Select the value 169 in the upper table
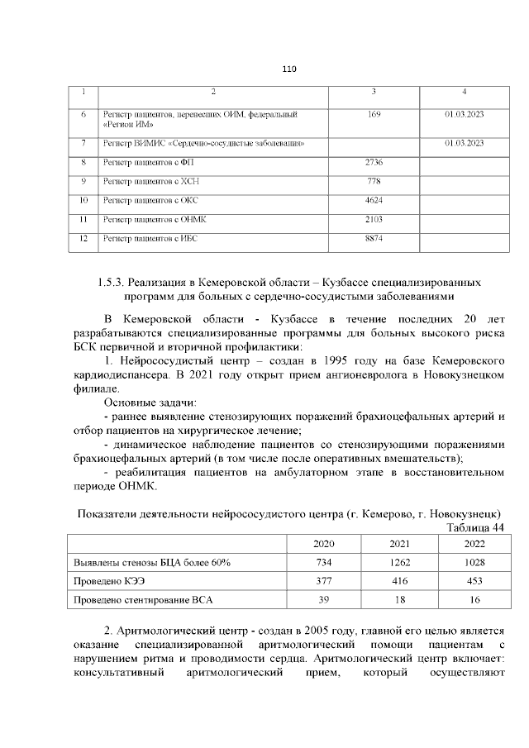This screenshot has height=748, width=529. pos(374,113)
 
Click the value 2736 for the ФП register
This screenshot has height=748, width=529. pos(374,162)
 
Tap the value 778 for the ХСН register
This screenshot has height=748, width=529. pos(374,181)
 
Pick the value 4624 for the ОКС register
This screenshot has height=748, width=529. pos(374,200)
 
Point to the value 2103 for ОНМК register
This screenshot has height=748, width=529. pos(374,219)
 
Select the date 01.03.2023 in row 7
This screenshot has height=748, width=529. pos(464,143)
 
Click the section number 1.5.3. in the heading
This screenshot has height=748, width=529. pos(113,283)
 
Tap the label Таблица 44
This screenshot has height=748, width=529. pos(475,528)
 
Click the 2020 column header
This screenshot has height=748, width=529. pos(325,544)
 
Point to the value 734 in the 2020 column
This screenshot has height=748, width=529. pos(325,562)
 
